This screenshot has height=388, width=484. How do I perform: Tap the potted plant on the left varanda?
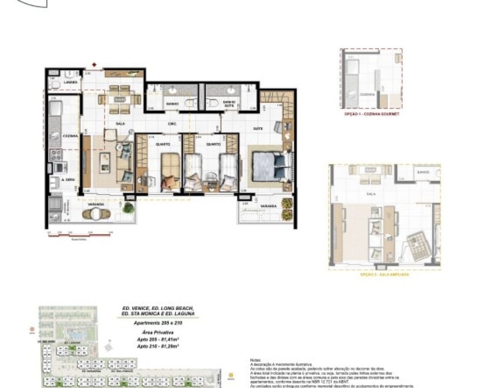coord(128,208)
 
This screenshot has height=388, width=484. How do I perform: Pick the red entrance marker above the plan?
coord(95,64)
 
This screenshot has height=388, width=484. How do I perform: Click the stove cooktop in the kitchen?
coord(57,155)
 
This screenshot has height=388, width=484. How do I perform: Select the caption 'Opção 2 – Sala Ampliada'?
coord(385,275)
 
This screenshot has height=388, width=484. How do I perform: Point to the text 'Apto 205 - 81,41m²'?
coord(157,339)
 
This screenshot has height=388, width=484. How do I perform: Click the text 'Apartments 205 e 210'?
coord(157,323)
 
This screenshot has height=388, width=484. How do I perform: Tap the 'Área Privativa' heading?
coord(157,333)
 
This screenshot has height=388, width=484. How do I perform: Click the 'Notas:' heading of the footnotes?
coord(255,360)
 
